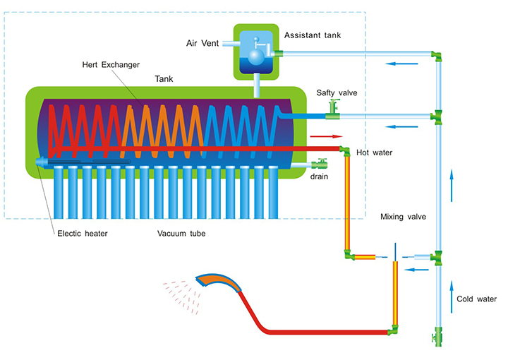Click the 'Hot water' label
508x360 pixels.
pos(374,152)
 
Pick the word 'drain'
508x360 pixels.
pos(319,176)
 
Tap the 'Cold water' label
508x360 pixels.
pos(476,299)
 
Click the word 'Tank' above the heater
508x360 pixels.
pos(164,79)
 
